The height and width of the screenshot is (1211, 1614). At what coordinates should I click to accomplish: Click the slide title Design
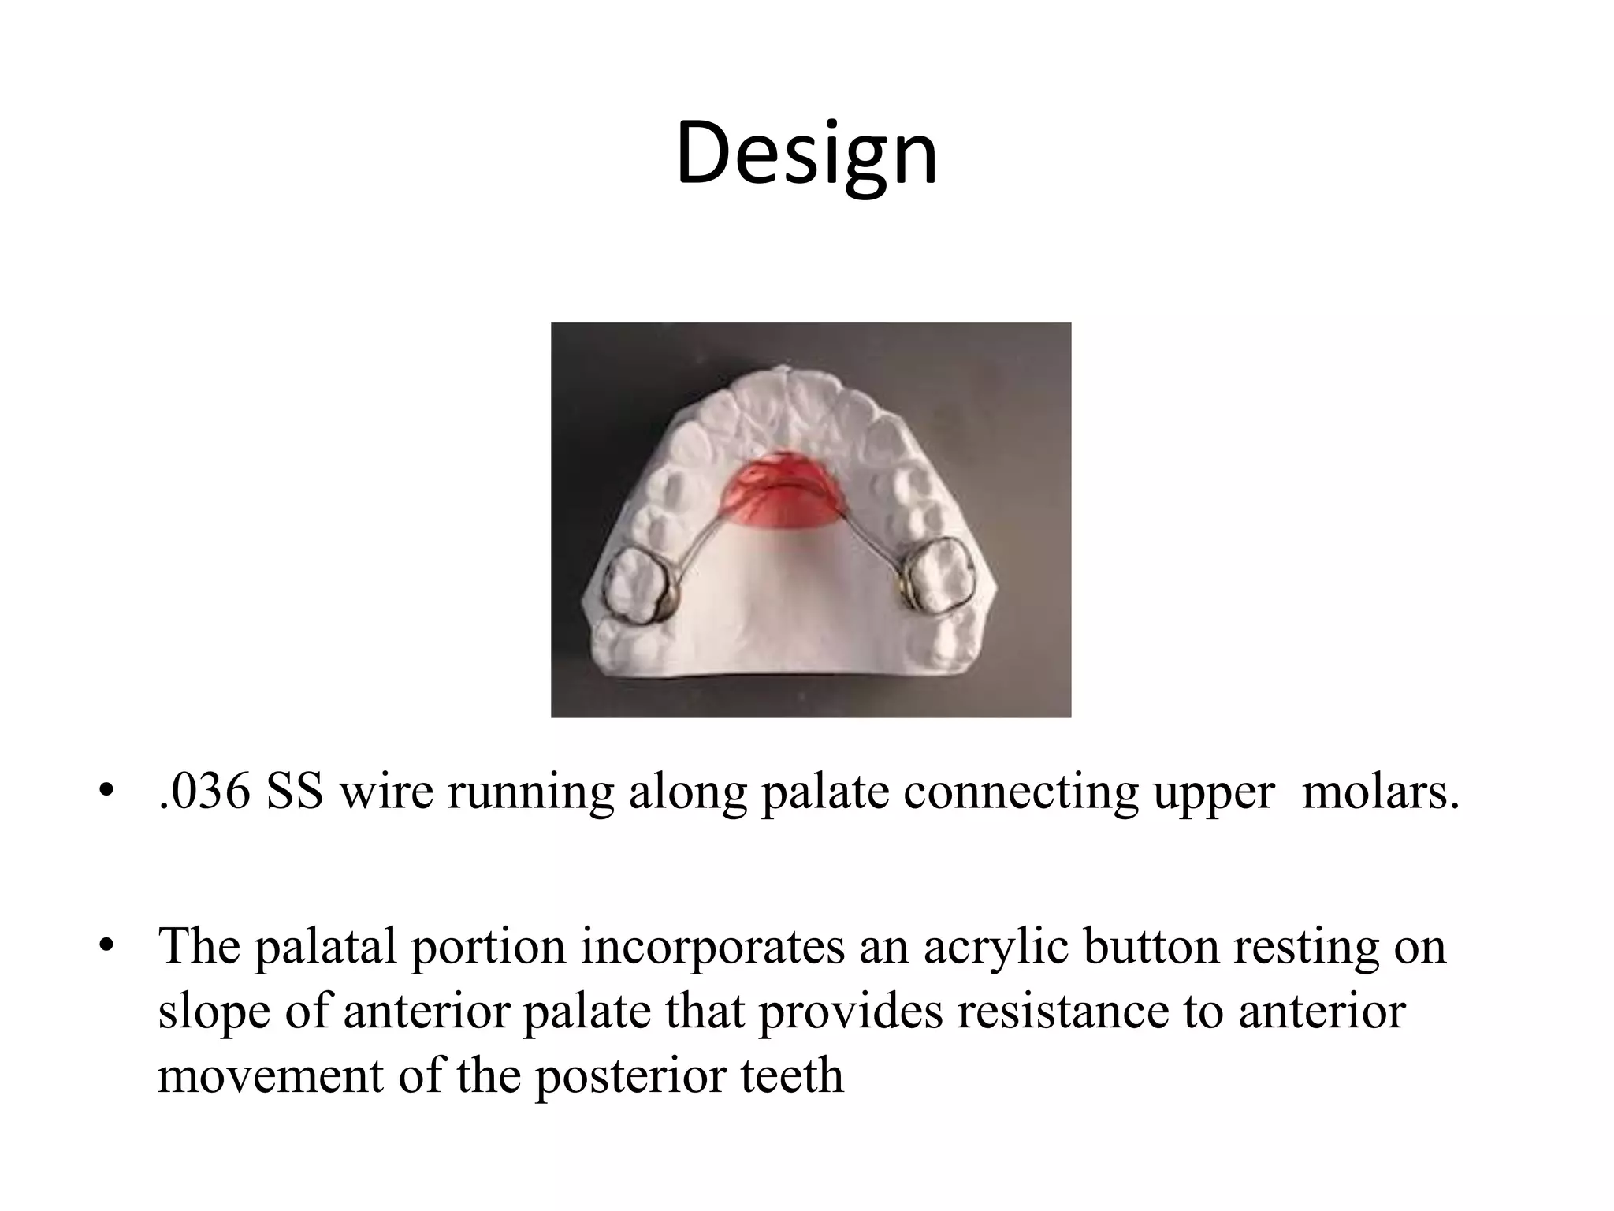click(x=806, y=154)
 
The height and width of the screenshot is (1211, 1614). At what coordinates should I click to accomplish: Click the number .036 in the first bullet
click(x=204, y=792)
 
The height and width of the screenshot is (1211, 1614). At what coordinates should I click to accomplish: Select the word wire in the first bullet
click(x=385, y=792)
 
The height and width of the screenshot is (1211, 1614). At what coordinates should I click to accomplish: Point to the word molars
click(x=1380, y=792)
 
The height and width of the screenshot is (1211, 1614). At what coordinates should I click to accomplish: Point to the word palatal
click(x=325, y=946)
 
